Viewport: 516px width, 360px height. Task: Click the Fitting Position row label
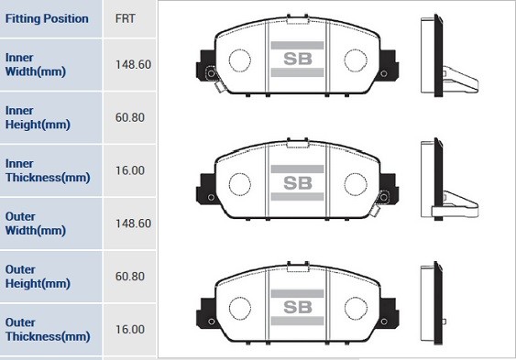pos(47,18)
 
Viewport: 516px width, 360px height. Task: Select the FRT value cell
pos(126,18)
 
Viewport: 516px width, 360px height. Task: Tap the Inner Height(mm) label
pos(37,117)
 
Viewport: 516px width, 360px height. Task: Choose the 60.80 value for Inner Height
pos(130,117)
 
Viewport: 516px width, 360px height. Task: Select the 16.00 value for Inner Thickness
pos(130,170)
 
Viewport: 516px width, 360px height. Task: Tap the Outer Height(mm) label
pos(37,277)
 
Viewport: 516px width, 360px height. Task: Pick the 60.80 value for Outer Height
pos(130,277)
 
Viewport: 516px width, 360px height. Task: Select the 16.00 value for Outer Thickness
pos(130,329)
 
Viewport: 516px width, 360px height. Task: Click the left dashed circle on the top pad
pos(239,60)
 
